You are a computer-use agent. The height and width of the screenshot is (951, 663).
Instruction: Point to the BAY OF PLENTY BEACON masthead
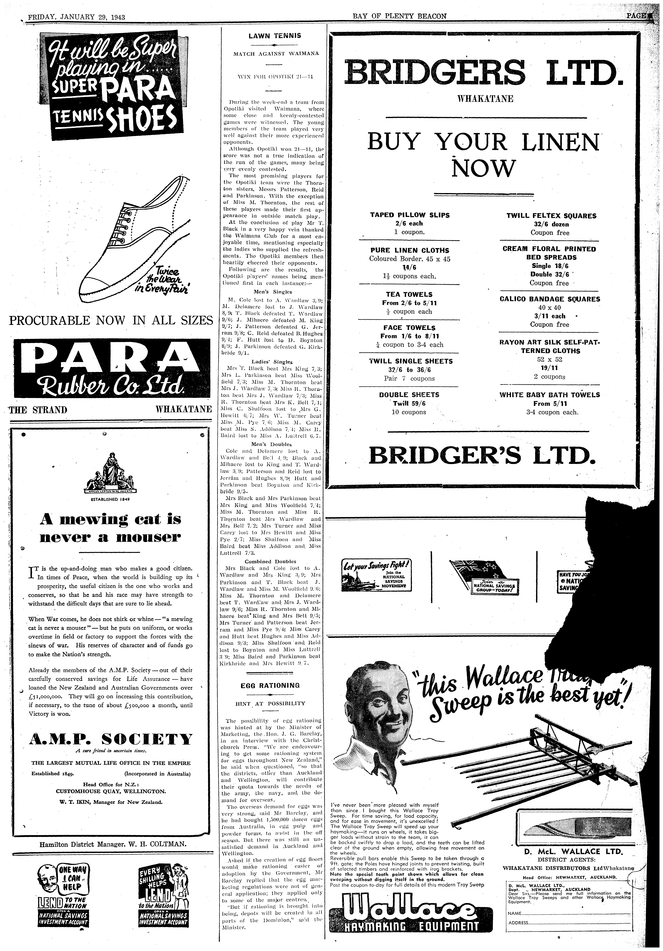(399, 17)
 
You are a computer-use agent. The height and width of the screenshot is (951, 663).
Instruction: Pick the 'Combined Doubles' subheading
(273, 562)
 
